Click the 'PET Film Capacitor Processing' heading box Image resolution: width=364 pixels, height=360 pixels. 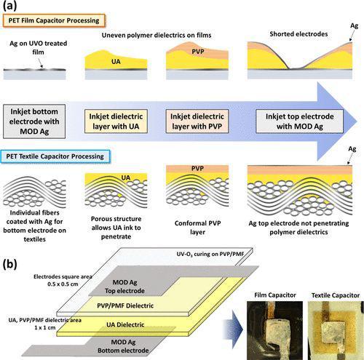click(54, 20)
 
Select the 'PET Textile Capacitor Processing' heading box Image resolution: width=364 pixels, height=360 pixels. click(55, 156)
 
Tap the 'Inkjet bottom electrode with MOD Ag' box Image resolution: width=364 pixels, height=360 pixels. click(34, 121)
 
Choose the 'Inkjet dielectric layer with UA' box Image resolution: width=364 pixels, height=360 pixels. click(116, 121)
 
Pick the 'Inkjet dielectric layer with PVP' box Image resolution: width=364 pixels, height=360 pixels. click(197, 121)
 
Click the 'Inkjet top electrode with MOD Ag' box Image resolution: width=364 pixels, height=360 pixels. click(299, 121)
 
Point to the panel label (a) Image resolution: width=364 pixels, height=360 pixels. click(10, 5)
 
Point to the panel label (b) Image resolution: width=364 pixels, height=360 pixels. click(10, 264)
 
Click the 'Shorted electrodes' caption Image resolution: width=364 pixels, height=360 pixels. click(298, 34)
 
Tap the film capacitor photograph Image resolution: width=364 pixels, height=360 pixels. click(274, 330)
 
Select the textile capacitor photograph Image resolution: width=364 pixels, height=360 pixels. click(336, 330)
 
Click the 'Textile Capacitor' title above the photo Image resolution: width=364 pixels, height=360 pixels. click(336, 295)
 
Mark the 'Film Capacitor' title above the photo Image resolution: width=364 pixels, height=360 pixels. click(275, 295)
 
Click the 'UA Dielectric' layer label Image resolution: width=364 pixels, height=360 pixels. click(125, 324)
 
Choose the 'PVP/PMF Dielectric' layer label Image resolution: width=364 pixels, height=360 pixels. click(125, 305)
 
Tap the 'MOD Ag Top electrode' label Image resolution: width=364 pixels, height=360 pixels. click(124, 287)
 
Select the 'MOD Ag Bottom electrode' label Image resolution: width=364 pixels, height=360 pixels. click(123, 346)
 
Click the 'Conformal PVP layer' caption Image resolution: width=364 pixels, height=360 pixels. click(197, 228)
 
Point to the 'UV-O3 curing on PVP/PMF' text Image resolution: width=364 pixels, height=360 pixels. click(210, 254)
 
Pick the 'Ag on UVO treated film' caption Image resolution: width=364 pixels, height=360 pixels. click(39, 48)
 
